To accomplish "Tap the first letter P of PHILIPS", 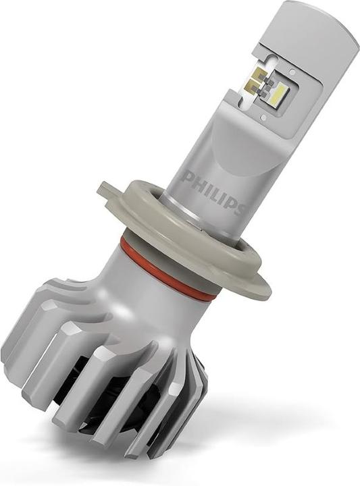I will [189, 180].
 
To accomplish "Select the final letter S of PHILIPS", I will [238, 207].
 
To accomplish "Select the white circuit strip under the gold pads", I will [267, 101].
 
